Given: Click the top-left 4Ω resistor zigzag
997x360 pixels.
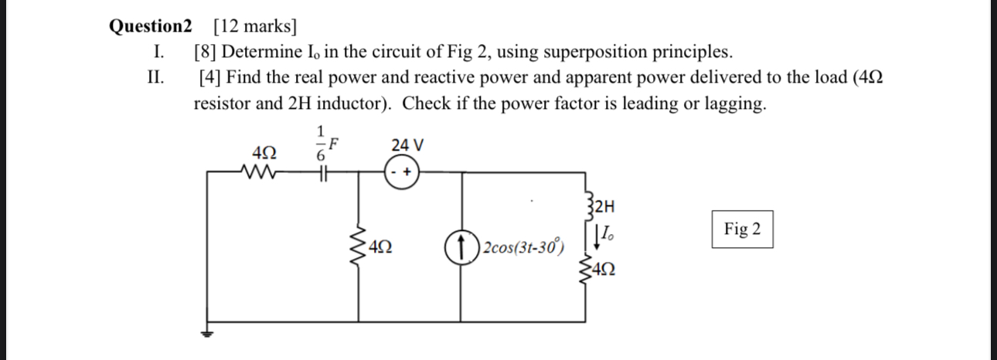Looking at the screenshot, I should tap(256, 173).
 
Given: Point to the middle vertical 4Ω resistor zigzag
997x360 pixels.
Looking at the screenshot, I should tap(357, 249).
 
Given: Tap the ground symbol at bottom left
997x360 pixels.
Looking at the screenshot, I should tap(206, 333).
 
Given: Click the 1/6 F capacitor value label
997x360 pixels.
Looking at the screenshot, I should tap(325, 143).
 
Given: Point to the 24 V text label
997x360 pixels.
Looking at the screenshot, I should tap(407, 145).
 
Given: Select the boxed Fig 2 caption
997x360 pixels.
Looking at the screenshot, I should tap(742, 229).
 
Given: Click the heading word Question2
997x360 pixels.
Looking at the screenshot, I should tap(149, 26).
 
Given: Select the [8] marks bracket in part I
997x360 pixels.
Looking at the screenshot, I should tap(205, 53).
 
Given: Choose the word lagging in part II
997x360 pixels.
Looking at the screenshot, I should tap(735, 104).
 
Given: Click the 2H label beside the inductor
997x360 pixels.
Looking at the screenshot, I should tap(606, 206).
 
